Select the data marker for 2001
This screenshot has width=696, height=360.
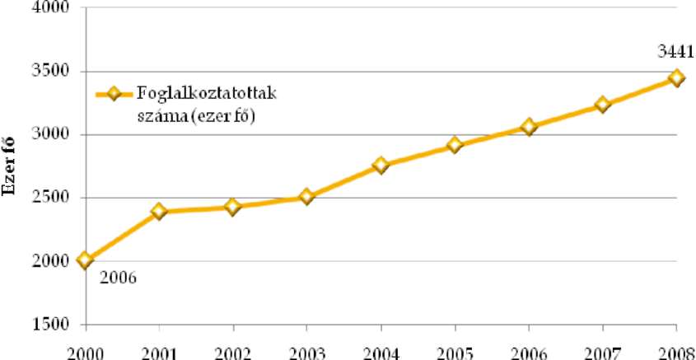point(158,211)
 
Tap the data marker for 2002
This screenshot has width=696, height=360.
point(232,207)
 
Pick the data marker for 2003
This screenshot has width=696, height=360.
point(306,197)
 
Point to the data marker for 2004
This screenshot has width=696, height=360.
point(381,166)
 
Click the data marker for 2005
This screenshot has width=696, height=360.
point(455,145)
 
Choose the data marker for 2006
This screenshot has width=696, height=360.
point(529,127)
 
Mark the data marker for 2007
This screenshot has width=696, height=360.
point(603,105)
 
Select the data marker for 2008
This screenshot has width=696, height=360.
point(676,77)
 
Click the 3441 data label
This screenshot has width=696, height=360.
point(675,53)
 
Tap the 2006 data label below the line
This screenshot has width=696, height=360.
point(117,278)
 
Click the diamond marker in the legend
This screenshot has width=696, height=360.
point(114,94)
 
